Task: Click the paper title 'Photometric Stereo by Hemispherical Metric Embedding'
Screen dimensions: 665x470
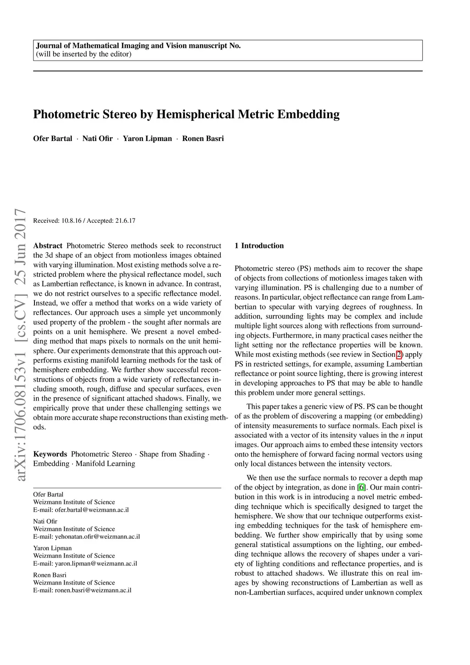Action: (186, 114)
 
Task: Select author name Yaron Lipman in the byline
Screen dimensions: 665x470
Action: (147, 139)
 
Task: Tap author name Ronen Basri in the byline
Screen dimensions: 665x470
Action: (203, 139)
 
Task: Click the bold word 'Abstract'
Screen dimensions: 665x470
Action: (48, 246)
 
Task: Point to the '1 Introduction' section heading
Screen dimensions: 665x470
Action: (259, 246)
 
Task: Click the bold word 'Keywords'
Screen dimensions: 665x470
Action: (50, 454)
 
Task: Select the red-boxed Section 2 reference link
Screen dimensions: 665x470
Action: (399, 355)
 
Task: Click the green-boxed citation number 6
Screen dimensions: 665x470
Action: (361, 487)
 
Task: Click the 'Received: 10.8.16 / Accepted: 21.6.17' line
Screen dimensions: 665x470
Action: (84, 221)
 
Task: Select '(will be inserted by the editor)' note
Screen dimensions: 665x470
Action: (84, 54)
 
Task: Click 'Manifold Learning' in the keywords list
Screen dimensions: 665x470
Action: (105, 464)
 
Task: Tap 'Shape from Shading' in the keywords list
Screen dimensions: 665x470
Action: (172, 454)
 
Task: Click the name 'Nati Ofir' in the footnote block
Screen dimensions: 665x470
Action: (45, 521)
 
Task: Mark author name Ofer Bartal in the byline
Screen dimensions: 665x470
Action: (52, 139)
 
